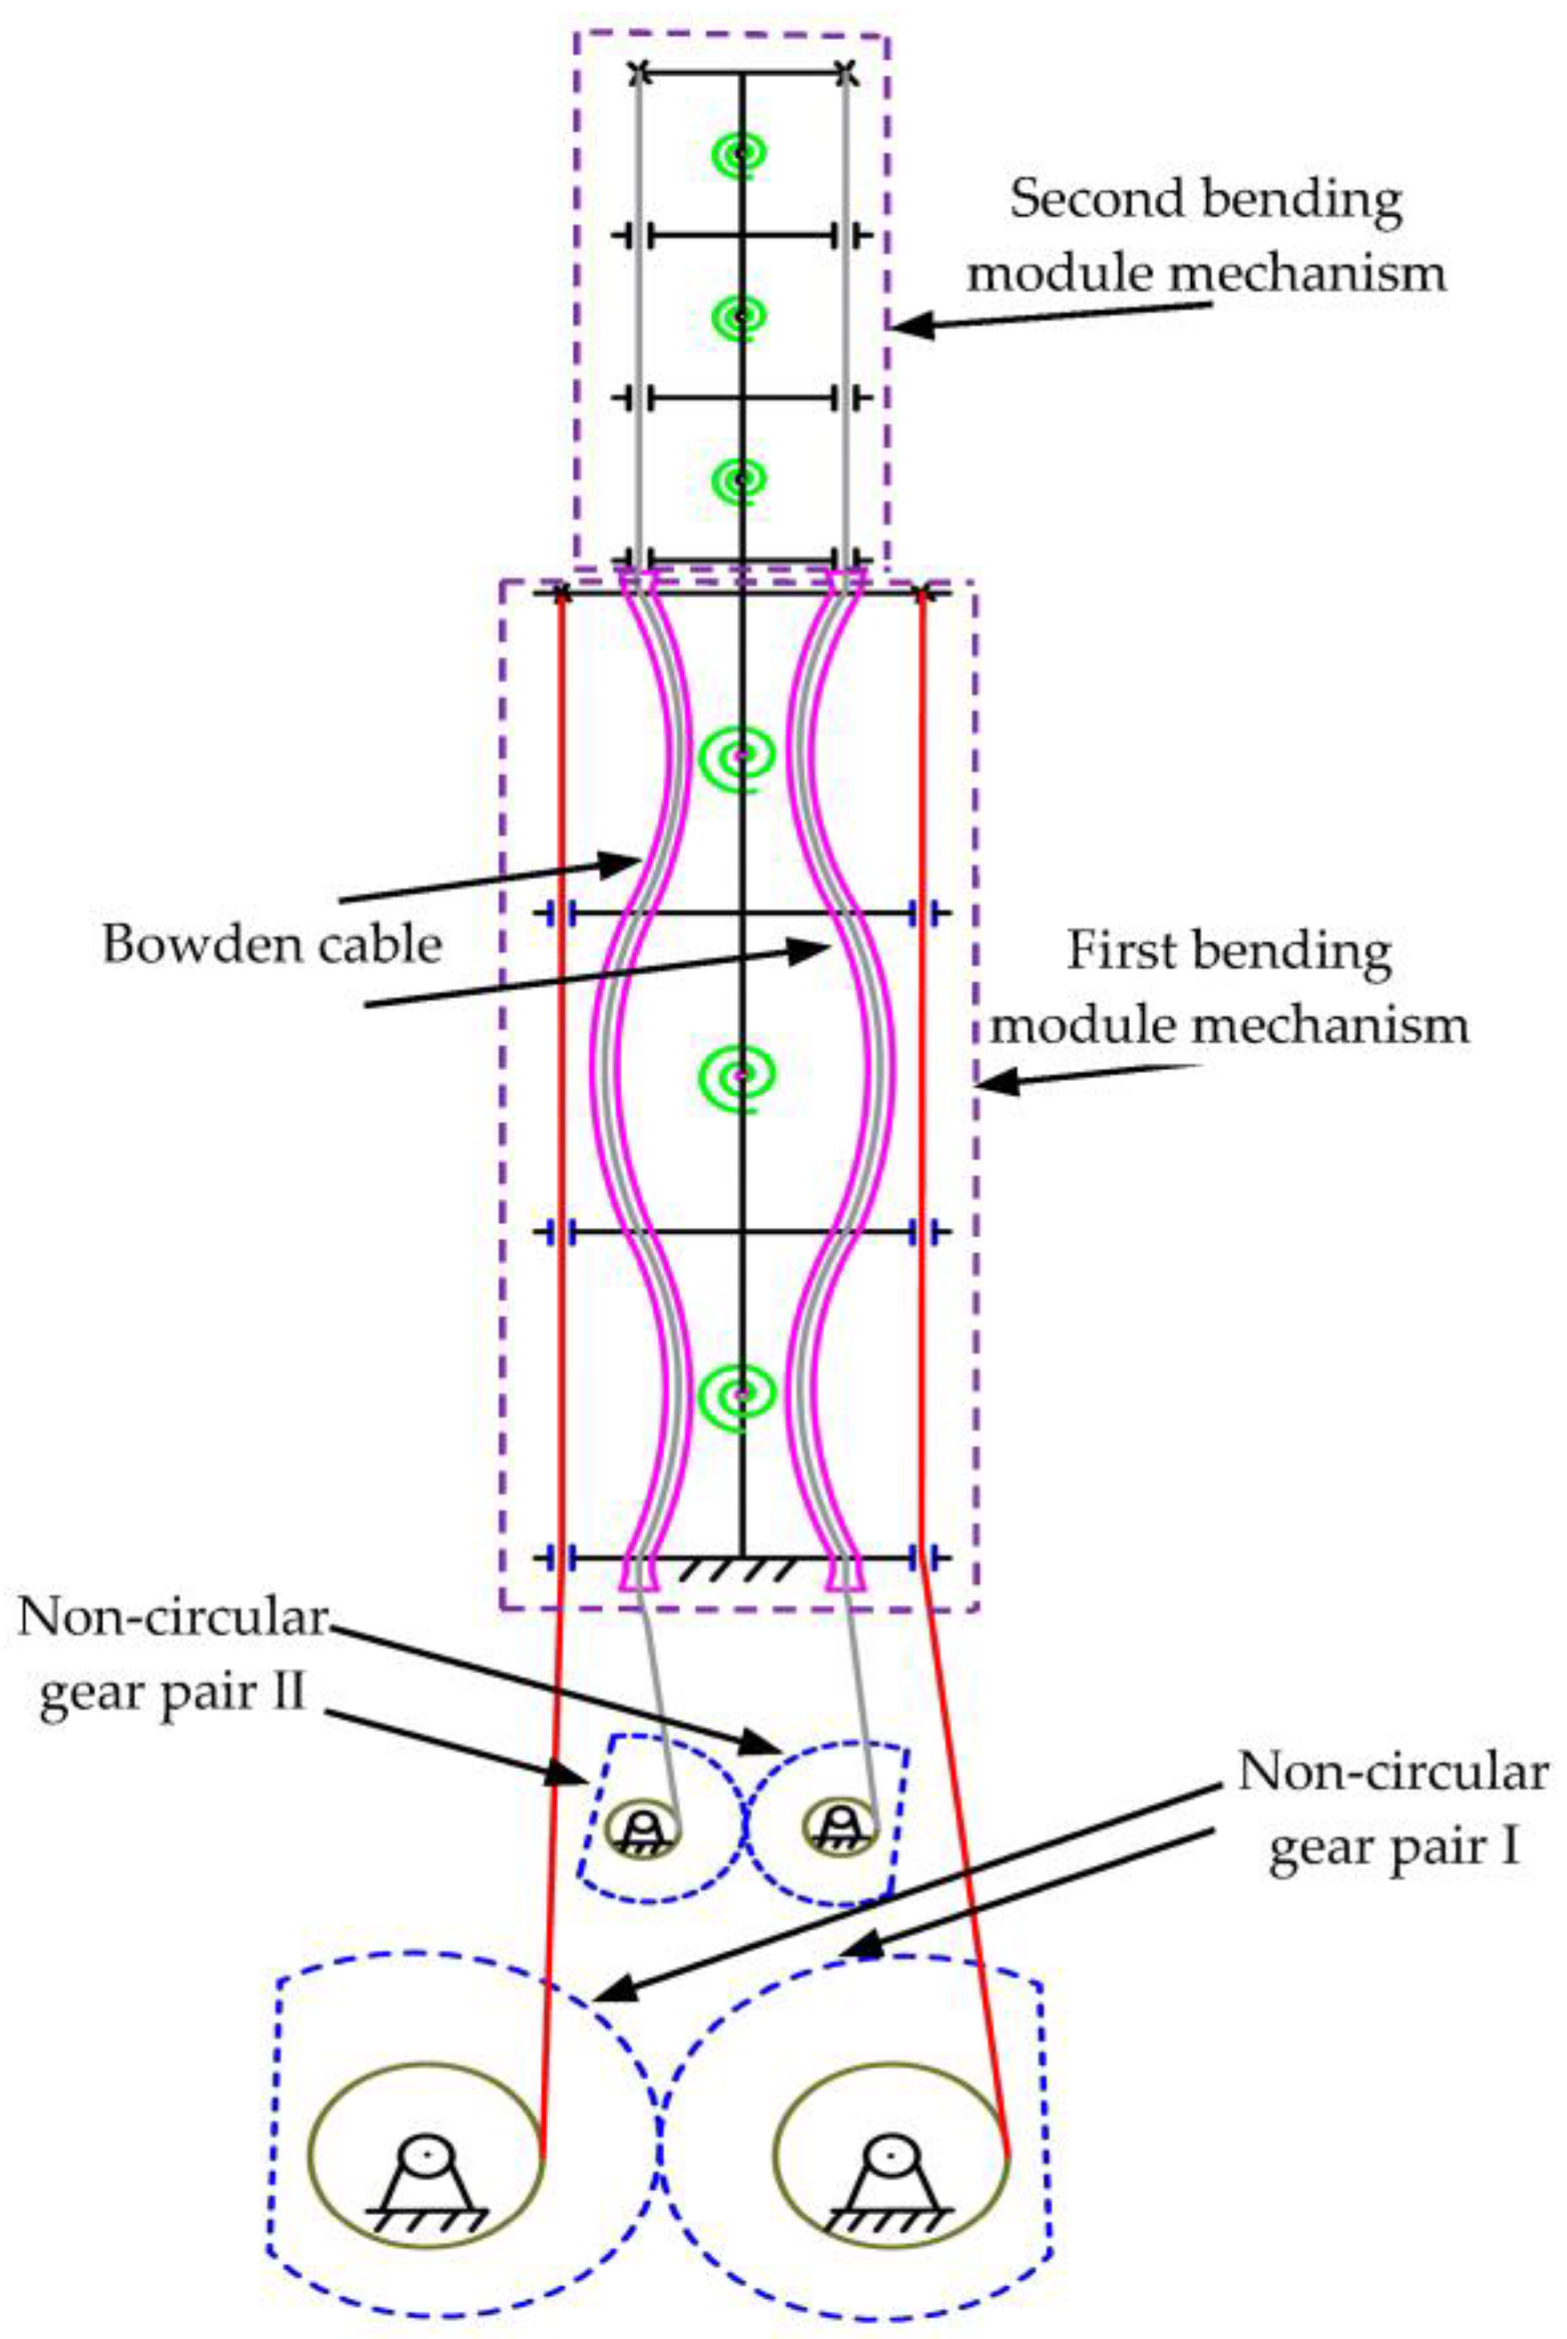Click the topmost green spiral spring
pyautogui.click(x=741, y=154)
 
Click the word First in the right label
pyautogui.click(x=1118, y=950)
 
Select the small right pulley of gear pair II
pyautogui.click(x=841, y=1828)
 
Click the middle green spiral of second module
pyautogui.click(x=741, y=317)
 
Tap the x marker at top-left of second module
pyautogui.click(x=641, y=72)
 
